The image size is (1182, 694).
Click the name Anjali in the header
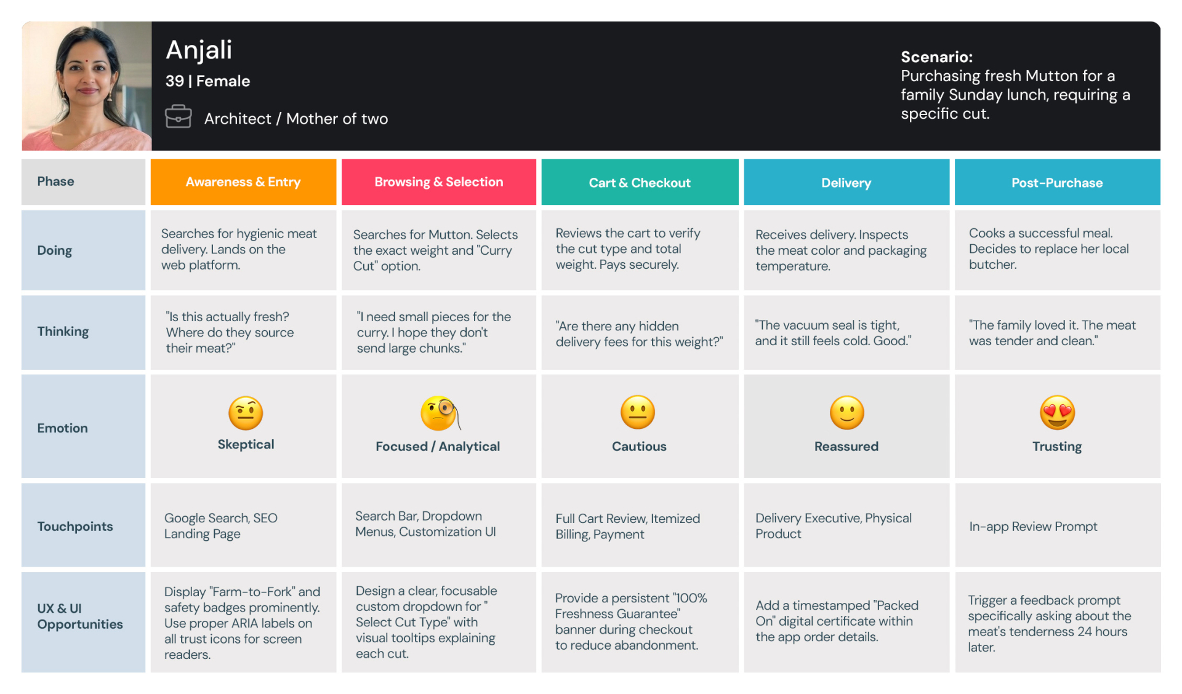pos(199,50)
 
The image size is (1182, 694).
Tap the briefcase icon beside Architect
pos(178,116)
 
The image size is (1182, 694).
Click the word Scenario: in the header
pos(936,57)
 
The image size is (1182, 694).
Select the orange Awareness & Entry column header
pos(243,182)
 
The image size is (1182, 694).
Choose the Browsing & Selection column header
pos(438,182)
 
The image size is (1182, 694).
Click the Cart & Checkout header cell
pos(639,183)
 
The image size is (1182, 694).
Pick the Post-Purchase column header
pos(1056,183)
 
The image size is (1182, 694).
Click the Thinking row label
pos(63,332)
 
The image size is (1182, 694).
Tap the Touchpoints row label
pos(74,527)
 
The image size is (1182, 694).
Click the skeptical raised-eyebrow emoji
pos(246,413)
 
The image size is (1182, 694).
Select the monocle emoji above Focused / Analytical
pos(439,413)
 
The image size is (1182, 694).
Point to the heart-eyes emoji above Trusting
pos(1057,413)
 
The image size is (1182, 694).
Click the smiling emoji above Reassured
pos(846,413)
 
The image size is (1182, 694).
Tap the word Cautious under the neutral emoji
pos(639,447)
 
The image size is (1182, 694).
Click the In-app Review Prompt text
pos(1033,527)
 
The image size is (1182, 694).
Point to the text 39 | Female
pos(207,81)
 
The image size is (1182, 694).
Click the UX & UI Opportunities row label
pos(79,616)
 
